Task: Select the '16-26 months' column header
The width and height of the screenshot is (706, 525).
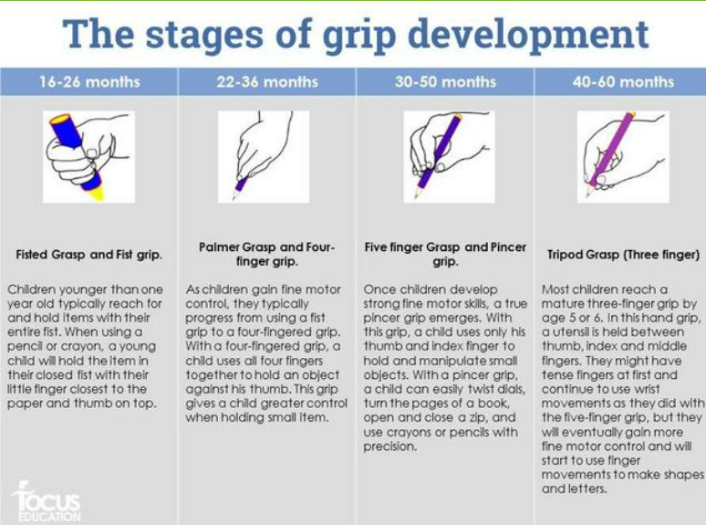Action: (x=89, y=81)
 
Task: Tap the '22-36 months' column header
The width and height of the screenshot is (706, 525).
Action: (x=267, y=81)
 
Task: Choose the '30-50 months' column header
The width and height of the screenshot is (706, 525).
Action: (x=445, y=81)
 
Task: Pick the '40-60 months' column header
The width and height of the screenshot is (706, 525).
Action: (x=623, y=81)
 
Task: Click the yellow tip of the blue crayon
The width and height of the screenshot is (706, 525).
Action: (x=97, y=194)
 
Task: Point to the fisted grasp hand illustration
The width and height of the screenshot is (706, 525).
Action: (x=88, y=157)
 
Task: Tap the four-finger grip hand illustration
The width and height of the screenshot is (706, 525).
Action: (x=264, y=157)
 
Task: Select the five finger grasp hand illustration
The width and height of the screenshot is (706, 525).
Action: (x=449, y=157)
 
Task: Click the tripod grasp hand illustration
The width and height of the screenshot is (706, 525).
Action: (x=623, y=157)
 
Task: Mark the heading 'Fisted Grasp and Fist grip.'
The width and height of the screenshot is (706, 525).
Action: (x=88, y=255)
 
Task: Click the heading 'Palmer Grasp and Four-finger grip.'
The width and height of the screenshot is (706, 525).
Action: (x=267, y=254)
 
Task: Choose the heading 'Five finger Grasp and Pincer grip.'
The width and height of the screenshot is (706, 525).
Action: (x=445, y=254)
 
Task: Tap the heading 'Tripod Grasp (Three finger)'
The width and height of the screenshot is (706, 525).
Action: (x=623, y=255)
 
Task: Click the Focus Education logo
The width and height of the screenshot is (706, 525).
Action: (x=47, y=501)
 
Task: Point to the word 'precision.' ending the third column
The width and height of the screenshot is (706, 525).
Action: (x=389, y=446)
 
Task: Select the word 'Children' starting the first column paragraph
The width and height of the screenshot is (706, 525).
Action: (x=31, y=289)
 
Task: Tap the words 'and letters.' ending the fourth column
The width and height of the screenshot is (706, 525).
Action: (x=574, y=488)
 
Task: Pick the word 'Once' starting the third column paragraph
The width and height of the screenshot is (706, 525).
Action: (x=378, y=289)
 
